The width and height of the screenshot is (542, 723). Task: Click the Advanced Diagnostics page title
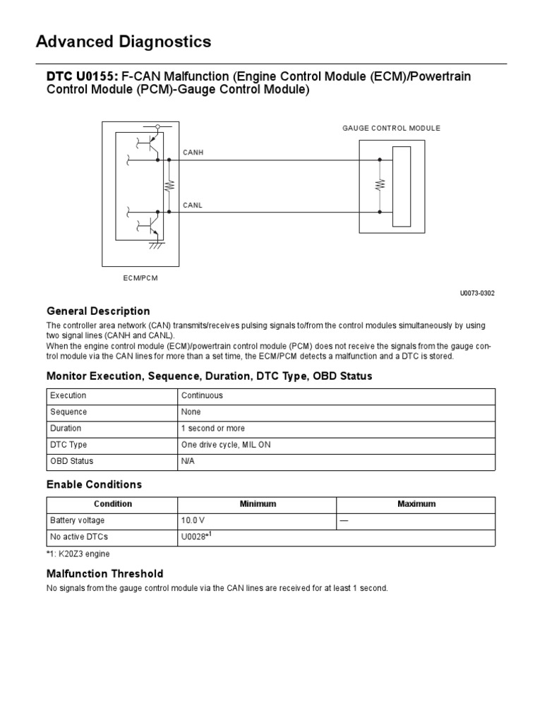coord(124,42)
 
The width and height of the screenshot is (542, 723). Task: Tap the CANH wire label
coord(193,152)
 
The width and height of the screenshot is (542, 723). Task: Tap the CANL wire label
coord(193,205)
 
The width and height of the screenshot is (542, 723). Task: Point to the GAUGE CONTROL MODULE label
coord(391,128)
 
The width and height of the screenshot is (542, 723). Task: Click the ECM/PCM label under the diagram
coord(141,278)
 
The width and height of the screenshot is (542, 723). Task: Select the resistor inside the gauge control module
coord(380,185)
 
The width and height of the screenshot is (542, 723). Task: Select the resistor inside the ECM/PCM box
coord(168,185)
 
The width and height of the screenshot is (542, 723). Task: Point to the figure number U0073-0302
coord(477,293)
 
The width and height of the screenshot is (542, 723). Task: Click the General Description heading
coord(98,311)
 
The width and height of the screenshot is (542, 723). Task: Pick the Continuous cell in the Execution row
coord(202,395)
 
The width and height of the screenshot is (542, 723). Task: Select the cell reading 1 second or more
coord(211,429)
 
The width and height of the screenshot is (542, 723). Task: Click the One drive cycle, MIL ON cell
coord(226,445)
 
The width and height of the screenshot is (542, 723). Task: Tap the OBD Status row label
coord(71,461)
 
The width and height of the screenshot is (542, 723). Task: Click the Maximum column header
coord(416,504)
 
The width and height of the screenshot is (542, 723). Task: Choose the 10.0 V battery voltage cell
coord(193,520)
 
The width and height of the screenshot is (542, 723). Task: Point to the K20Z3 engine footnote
coord(78,554)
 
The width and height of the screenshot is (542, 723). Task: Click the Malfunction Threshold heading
coord(104,573)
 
